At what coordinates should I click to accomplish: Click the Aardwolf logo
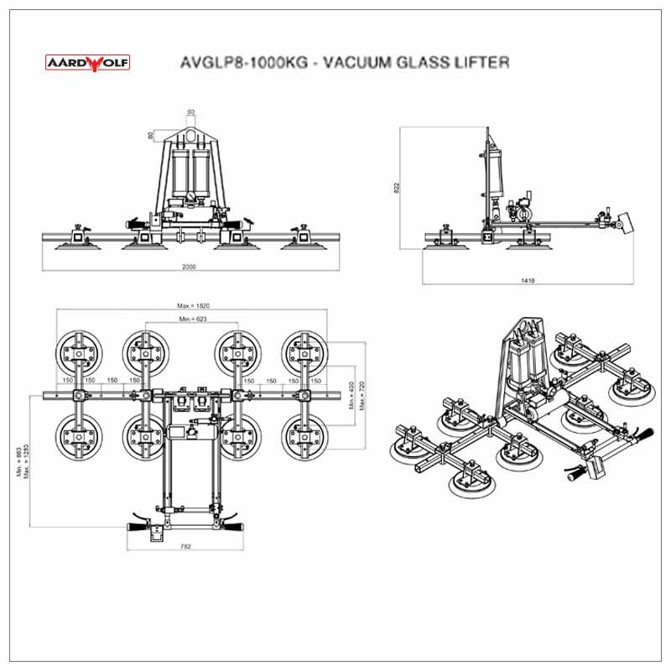click(86, 62)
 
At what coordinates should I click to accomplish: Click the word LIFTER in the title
click(480, 63)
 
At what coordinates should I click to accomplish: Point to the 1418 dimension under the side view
click(528, 281)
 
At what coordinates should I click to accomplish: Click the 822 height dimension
click(396, 188)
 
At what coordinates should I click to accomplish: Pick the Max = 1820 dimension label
click(192, 306)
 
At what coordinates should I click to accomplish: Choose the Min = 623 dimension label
click(192, 320)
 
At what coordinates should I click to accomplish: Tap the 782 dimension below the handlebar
click(186, 547)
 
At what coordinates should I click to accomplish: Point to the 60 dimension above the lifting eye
click(190, 112)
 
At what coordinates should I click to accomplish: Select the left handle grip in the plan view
click(138, 527)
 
